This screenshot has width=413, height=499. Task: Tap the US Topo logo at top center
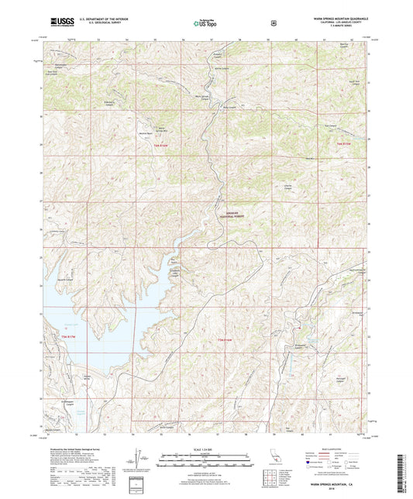coord(206,24)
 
